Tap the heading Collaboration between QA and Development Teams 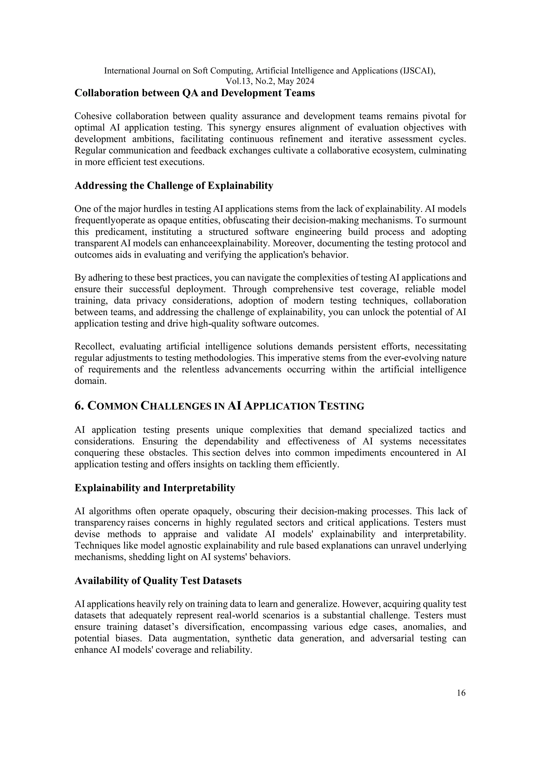[195, 93]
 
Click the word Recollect [94, 347]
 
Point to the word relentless [200, 370]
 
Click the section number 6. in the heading [79, 406]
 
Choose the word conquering [96, 453]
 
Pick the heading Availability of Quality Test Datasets [158, 581]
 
